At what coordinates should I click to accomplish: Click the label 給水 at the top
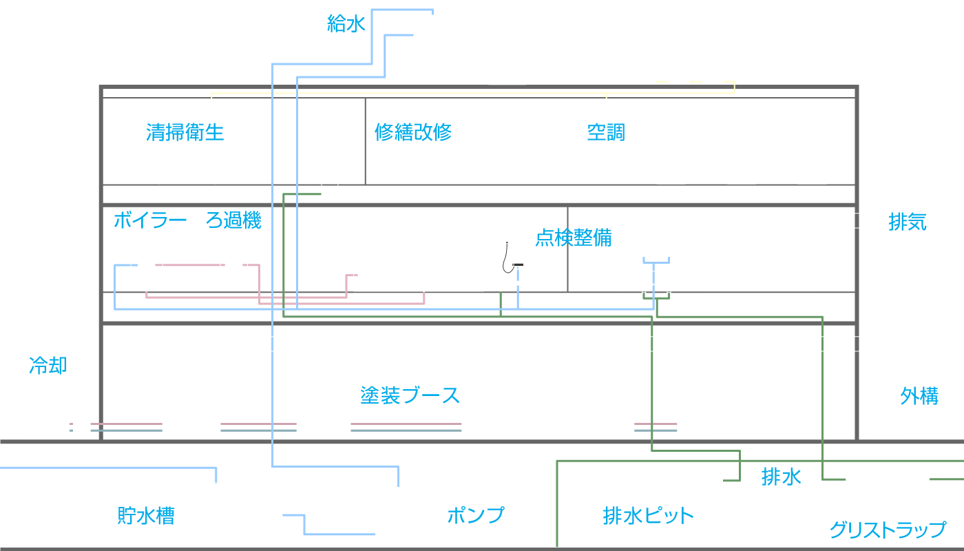point(346,23)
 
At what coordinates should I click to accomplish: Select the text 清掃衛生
point(185,132)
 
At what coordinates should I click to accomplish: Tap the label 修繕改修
point(413,132)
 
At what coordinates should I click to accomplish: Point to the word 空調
point(606,132)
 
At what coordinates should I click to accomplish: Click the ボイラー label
point(150,220)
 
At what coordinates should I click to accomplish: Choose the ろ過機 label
point(233,220)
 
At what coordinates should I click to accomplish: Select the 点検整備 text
point(574,238)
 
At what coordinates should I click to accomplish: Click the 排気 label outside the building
point(908,222)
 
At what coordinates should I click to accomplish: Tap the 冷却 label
point(48,366)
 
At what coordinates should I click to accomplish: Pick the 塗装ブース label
point(410,395)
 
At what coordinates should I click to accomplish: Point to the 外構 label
point(919,395)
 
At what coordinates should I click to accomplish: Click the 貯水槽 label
point(146,516)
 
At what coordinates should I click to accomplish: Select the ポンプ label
point(476,515)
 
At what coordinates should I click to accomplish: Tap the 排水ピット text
point(648,516)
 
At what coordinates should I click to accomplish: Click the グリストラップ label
point(888,530)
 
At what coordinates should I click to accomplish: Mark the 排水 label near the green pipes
point(781,477)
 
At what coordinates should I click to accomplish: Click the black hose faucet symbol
point(510,258)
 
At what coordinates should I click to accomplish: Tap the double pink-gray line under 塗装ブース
point(406,427)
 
